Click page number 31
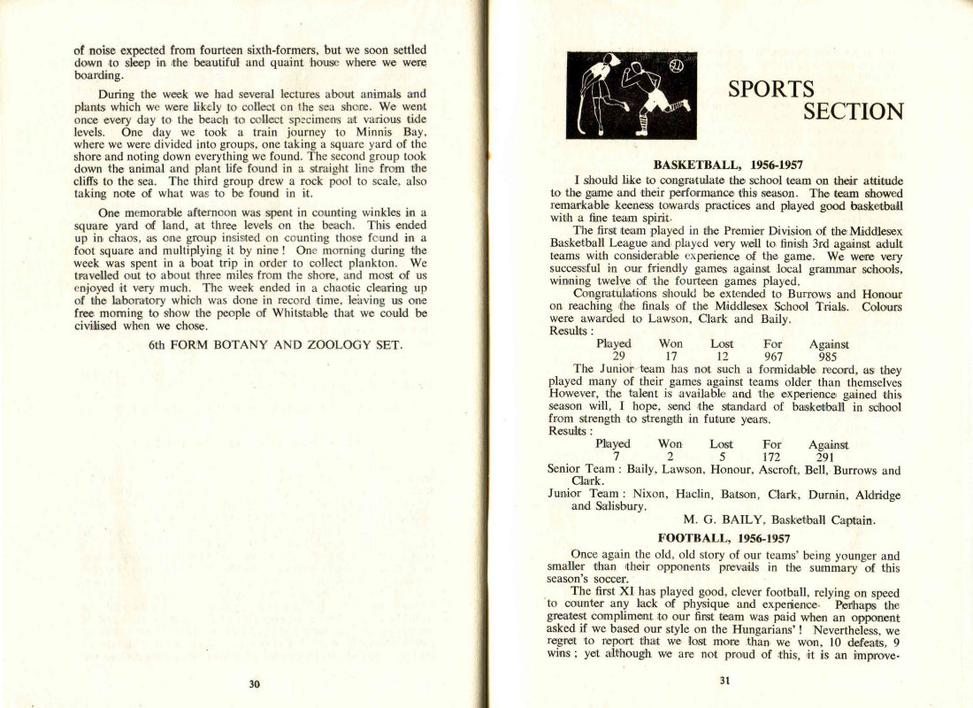tap(726, 681)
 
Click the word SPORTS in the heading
tap(770, 89)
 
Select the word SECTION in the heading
tap(853, 112)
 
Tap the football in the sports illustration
tap(676, 65)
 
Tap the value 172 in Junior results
tap(773, 458)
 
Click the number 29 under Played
tap(613, 358)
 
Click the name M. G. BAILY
tap(725, 519)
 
